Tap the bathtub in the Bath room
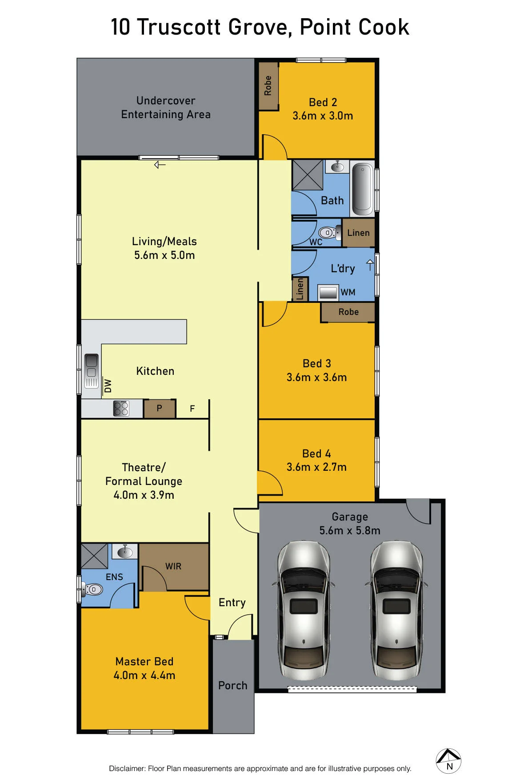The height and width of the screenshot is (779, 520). click(x=363, y=189)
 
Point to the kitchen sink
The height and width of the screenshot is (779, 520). click(x=92, y=371)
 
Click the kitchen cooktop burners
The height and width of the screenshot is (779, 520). click(x=121, y=408)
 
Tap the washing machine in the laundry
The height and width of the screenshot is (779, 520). click(x=328, y=293)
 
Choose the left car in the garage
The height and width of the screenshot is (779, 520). click(x=304, y=610)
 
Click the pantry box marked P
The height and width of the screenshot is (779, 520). click(x=160, y=408)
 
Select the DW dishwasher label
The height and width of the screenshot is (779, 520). click(x=108, y=386)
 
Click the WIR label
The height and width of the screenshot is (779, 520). click(x=173, y=566)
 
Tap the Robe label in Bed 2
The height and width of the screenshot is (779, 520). click(x=268, y=86)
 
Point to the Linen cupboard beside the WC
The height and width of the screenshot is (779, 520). click(x=358, y=233)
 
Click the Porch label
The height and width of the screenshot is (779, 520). click(x=232, y=685)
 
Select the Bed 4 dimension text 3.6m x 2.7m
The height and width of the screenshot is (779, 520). click(x=316, y=467)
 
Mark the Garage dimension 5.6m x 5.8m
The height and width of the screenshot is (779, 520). click(x=350, y=530)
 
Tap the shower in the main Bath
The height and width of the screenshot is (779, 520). click(x=307, y=175)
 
